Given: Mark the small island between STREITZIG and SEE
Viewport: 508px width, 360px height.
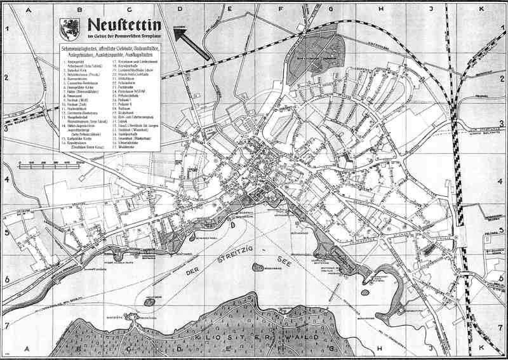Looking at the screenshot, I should click(259, 267).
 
